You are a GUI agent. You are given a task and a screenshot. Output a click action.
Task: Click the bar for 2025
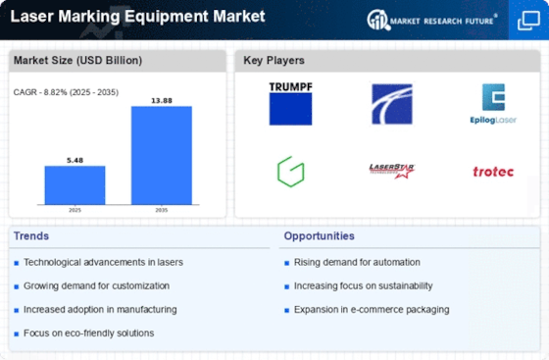tap(75, 184)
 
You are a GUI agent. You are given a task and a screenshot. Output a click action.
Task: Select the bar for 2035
tap(162, 155)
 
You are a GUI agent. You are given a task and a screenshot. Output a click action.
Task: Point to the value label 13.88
tap(162, 100)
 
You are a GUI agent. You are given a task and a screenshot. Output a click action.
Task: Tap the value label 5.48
tap(75, 161)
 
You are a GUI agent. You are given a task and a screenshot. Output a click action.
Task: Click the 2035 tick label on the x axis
tap(162, 210)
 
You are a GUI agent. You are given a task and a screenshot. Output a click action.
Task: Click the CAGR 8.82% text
tap(66, 92)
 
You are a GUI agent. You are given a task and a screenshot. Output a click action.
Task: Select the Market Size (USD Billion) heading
tap(77, 60)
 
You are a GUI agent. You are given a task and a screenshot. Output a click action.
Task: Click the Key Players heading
tap(274, 60)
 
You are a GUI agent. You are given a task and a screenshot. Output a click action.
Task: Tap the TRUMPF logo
tap(290, 104)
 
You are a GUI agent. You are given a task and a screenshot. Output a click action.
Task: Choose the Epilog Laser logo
tap(493, 104)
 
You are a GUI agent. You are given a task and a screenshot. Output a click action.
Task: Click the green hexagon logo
tap(290, 172)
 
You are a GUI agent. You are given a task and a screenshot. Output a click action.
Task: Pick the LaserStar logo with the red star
tap(392, 171)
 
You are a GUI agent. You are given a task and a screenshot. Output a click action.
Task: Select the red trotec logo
tap(493, 172)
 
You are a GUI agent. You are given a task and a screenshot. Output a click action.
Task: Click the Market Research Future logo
tap(432, 20)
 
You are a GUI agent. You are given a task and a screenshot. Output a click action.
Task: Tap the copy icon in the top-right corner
tap(528, 21)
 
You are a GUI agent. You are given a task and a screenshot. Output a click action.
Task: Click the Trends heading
tap(31, 236)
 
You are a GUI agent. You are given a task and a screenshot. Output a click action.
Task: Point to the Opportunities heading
tap(319, 236)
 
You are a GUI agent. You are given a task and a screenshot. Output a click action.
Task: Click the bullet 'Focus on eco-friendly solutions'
tap(88, 334)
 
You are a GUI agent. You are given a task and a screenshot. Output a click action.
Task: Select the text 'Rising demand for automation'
tap(357, 262)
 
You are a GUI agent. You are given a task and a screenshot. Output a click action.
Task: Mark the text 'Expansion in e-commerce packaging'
tap(372, 310)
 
